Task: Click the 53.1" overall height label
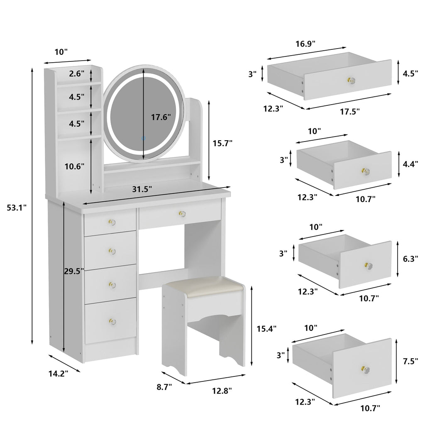tap(17, 207)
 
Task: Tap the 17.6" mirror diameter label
tap(161, 117)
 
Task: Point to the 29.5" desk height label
tap(74, 271)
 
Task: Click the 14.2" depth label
tap(58, 373)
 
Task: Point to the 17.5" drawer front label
tap(350, 111)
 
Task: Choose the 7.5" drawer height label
tap(410, 361)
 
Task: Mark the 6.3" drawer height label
tap(410, 259)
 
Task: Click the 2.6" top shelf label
tap(77, 74)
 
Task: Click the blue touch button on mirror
tap(144, 138)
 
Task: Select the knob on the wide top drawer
tap(181, 214)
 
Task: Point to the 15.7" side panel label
tap(222, 143)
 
